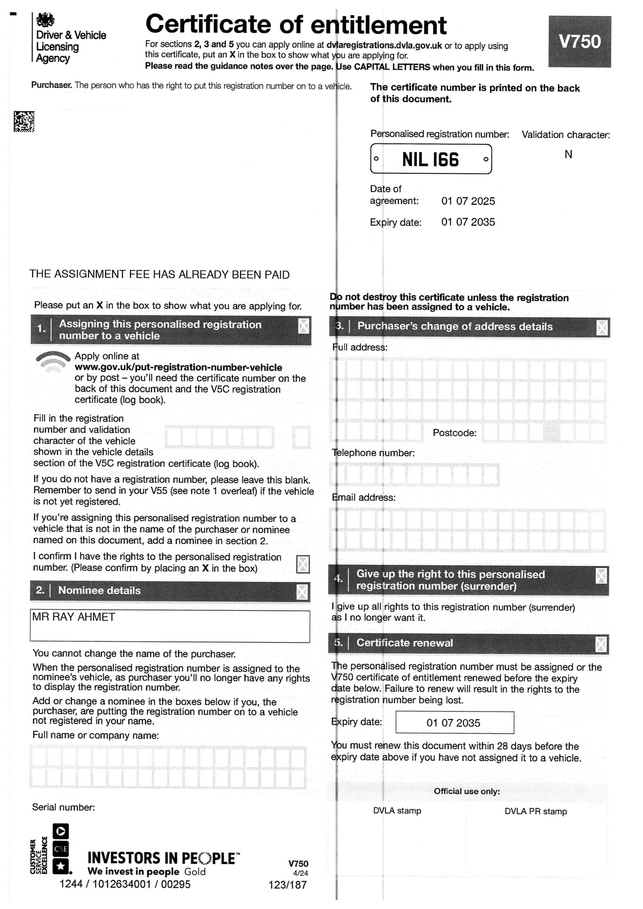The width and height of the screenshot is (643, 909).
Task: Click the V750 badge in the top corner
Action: [x=579, y=42]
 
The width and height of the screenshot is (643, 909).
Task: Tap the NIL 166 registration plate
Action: [x=431, y=159]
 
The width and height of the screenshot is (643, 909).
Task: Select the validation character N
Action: [x=568, y=155]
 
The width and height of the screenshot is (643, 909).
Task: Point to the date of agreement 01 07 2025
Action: [x=468, y=201]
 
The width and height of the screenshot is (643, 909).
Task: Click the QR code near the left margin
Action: [x=24, y=121]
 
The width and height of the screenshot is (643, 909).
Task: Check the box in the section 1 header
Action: [x=303, y=326]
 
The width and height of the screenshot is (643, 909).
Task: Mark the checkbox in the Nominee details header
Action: [x=302, y=592]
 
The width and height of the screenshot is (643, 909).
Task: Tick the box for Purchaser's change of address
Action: [x=602, y=328]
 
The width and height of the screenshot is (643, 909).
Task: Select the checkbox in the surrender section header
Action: [x=601, y=576]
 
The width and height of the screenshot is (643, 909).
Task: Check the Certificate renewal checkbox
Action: [x=601, y=645]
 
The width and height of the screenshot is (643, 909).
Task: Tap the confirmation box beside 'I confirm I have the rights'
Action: [x=303, y=564]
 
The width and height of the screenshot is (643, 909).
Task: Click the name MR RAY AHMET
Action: [x=74, y=618]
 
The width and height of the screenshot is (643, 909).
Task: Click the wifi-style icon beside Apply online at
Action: [x=53, y=362]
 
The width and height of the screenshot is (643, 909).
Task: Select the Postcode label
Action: [x=455, y=433]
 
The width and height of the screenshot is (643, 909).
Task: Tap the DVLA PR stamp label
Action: [x=536, y=811]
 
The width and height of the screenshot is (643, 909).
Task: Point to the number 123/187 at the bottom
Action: [x=287, y=885]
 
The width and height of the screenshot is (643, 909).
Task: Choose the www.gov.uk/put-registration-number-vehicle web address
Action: [x=178, y=367]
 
